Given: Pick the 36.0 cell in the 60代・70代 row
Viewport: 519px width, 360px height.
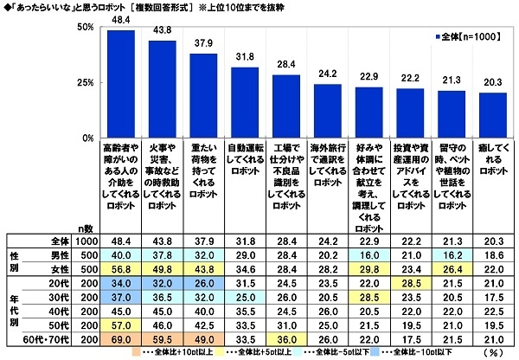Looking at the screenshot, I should click(x=286, y=340).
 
